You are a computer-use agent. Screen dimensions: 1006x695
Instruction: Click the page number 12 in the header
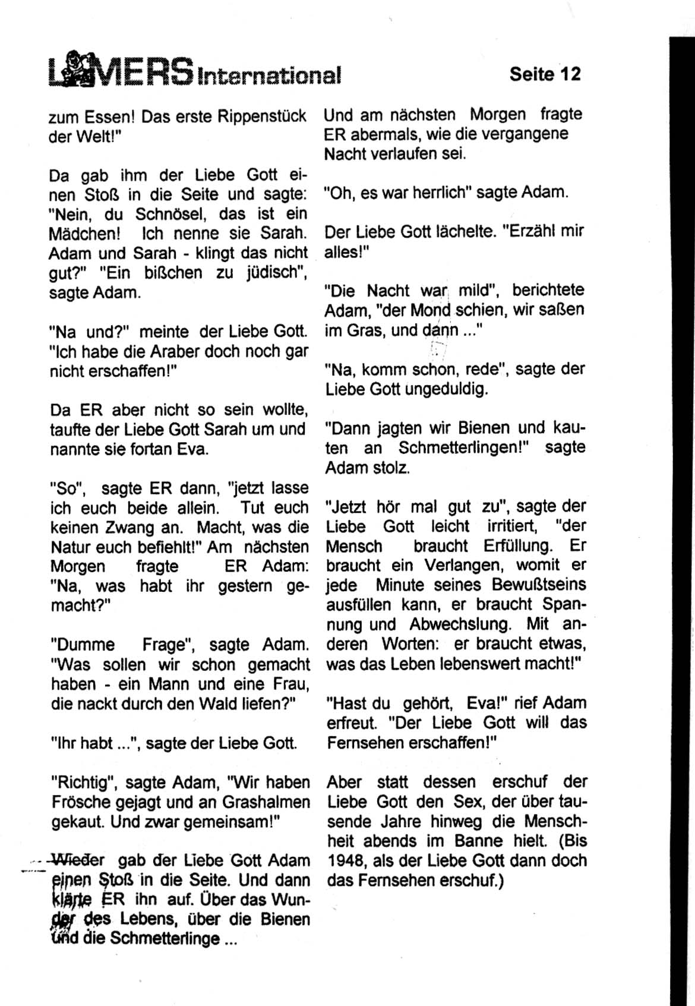[x=569, y=74]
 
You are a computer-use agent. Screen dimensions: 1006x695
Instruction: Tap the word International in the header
[x=270, y=75]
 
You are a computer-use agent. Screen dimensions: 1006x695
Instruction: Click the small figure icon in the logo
[x=77, y=70]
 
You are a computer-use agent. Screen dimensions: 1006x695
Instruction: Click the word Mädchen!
[x=84, y=234]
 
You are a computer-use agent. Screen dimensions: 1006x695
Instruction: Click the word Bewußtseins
[x=539, y=585]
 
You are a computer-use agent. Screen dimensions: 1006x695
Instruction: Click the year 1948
[x=345, y=860]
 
